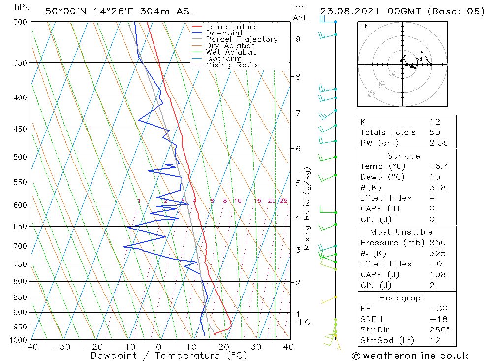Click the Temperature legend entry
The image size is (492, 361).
click(x=231, y=27)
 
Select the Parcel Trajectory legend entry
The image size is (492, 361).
click(x=242, y=39)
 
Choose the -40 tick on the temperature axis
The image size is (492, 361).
click(x=31, y=347)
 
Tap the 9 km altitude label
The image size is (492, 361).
click(x=298, y=39)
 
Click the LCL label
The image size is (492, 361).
click(x=307, y=322)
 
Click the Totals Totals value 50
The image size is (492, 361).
click(x=435, y=132)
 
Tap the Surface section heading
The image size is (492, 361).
click(x=403, y=156)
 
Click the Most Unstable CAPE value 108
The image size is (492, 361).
click(x=437, y=275)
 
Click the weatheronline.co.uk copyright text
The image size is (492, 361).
click(x=410, y=356)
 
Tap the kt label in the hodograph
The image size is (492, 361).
click(x=364, y=26)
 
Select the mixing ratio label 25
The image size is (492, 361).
click(x=283, y=201)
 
